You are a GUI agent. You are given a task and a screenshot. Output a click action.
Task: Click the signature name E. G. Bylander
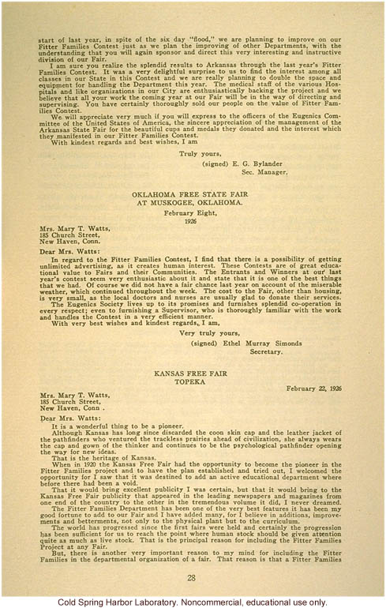259,161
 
